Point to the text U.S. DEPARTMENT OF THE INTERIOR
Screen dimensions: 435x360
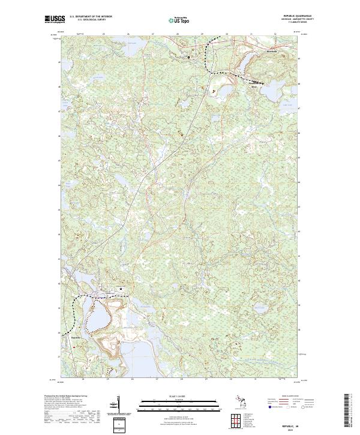pyautogui.click(x=91, y=17)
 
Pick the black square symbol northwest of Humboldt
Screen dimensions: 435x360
pyautogui.click(x=188, y=57)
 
